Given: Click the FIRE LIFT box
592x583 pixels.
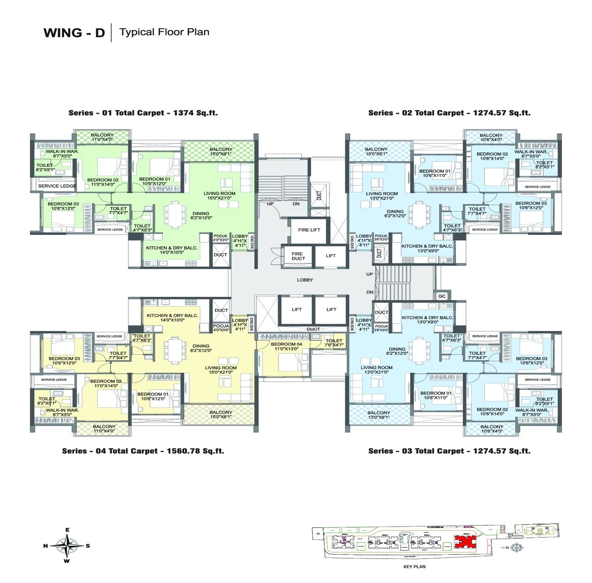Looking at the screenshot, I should [x=309, y=230].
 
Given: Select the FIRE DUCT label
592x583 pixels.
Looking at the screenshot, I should [x=298, y=256].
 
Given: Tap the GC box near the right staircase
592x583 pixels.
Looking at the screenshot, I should [x=442, y=296].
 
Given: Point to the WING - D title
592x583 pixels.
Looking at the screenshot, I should [x=74, y=33].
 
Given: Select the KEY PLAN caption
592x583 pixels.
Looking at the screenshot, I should [x=414, y=566].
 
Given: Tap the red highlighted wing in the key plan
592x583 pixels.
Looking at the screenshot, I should [x=463, y=541].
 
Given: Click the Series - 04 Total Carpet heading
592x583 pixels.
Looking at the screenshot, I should [x=143, y=451].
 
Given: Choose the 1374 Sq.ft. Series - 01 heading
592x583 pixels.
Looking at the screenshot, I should [x=143, y=113].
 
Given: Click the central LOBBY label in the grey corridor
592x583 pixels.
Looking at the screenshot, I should [x=305, y=280].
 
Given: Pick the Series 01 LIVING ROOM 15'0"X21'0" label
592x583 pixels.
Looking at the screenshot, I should [x=219, y=195].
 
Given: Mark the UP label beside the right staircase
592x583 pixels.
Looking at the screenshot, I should [x=369, y=274].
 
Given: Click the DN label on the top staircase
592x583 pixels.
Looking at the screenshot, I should [x=296, y=204].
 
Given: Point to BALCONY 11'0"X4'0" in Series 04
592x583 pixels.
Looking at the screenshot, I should [x=104, y=429].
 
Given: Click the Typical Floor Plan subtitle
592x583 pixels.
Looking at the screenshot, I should [x=164, y=32].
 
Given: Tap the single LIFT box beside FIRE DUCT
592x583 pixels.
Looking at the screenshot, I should [x=330, y=256].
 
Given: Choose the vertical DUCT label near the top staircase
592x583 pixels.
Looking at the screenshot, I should [x=319, y=195].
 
